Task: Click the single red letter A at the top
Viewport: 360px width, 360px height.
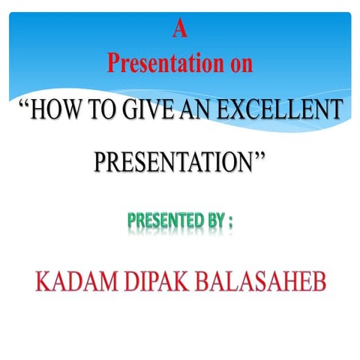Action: point(179,29)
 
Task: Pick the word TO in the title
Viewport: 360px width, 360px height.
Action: point(103,112)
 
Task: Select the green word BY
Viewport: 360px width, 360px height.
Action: point(214,221)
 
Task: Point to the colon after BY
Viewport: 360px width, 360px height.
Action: point(230,223)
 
